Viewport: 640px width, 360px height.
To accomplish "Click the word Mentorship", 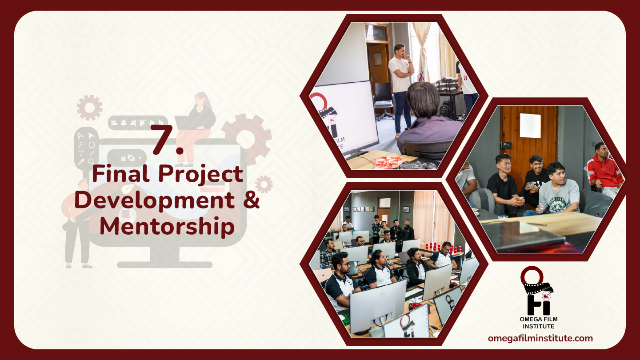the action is coord(167,226).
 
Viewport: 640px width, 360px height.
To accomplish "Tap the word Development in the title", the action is coord(155,201).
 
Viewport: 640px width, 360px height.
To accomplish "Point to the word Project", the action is coord(200,175).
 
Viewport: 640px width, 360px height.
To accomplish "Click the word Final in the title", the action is coord(120,173).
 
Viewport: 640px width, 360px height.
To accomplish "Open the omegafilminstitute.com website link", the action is coord(540,338).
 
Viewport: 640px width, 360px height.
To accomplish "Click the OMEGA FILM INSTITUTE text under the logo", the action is coord(539,323).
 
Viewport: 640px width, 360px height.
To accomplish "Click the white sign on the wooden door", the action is coord(530,125).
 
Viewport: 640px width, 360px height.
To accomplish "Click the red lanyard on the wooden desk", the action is coord(386,162).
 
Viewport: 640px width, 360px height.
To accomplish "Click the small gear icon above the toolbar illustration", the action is coord(90,108).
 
